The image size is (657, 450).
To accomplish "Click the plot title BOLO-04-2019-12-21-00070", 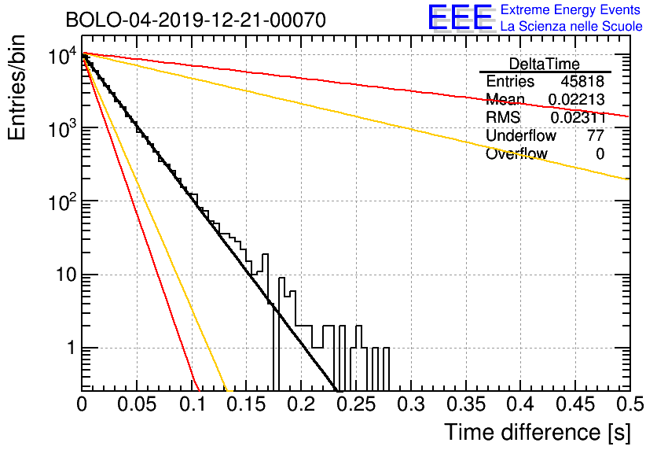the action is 196,20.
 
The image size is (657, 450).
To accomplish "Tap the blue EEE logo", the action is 461,17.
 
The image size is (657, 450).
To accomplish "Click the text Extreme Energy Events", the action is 571,9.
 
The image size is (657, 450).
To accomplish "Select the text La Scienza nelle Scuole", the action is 571,26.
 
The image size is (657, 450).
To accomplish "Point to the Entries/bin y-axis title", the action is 17,87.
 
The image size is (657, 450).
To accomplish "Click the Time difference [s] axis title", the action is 538,433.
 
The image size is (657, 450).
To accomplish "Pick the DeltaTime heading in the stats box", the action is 545,64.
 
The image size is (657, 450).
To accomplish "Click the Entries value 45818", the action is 582,81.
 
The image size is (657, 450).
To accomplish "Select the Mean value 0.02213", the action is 577,99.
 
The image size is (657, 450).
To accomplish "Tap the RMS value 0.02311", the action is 578,117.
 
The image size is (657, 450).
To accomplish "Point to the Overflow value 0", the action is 600,154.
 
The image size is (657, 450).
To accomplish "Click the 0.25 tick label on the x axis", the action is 357,404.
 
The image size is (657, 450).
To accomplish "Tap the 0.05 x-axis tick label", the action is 137,404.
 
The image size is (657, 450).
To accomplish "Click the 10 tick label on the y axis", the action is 66,275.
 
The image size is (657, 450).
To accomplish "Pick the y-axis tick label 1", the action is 72,348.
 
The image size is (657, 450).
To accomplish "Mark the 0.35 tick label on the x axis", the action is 466,404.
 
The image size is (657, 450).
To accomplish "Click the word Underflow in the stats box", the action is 521,135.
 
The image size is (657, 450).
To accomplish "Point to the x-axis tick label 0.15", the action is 247,404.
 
